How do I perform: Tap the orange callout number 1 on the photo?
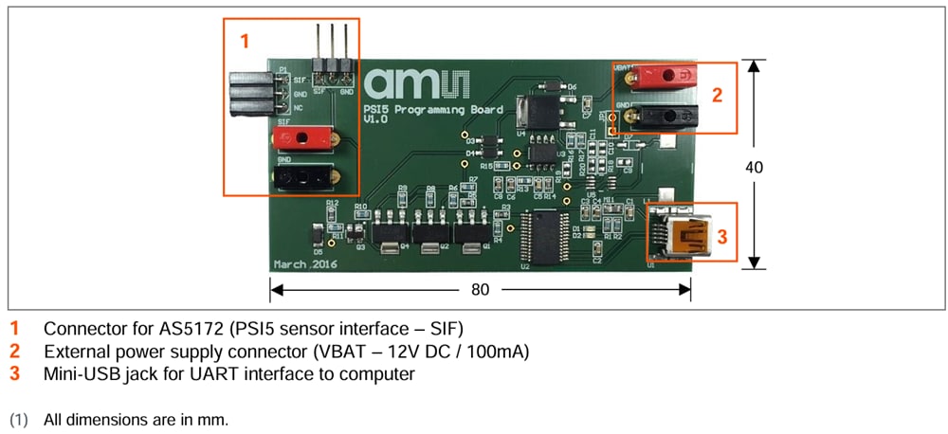point(245,41)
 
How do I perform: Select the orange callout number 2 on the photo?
point(718,94)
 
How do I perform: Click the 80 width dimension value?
point(481,289)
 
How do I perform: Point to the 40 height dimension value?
point(755,167)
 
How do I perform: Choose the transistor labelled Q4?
point(389,230)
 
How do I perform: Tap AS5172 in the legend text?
point(186,329)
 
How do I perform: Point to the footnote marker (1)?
point(20,418)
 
